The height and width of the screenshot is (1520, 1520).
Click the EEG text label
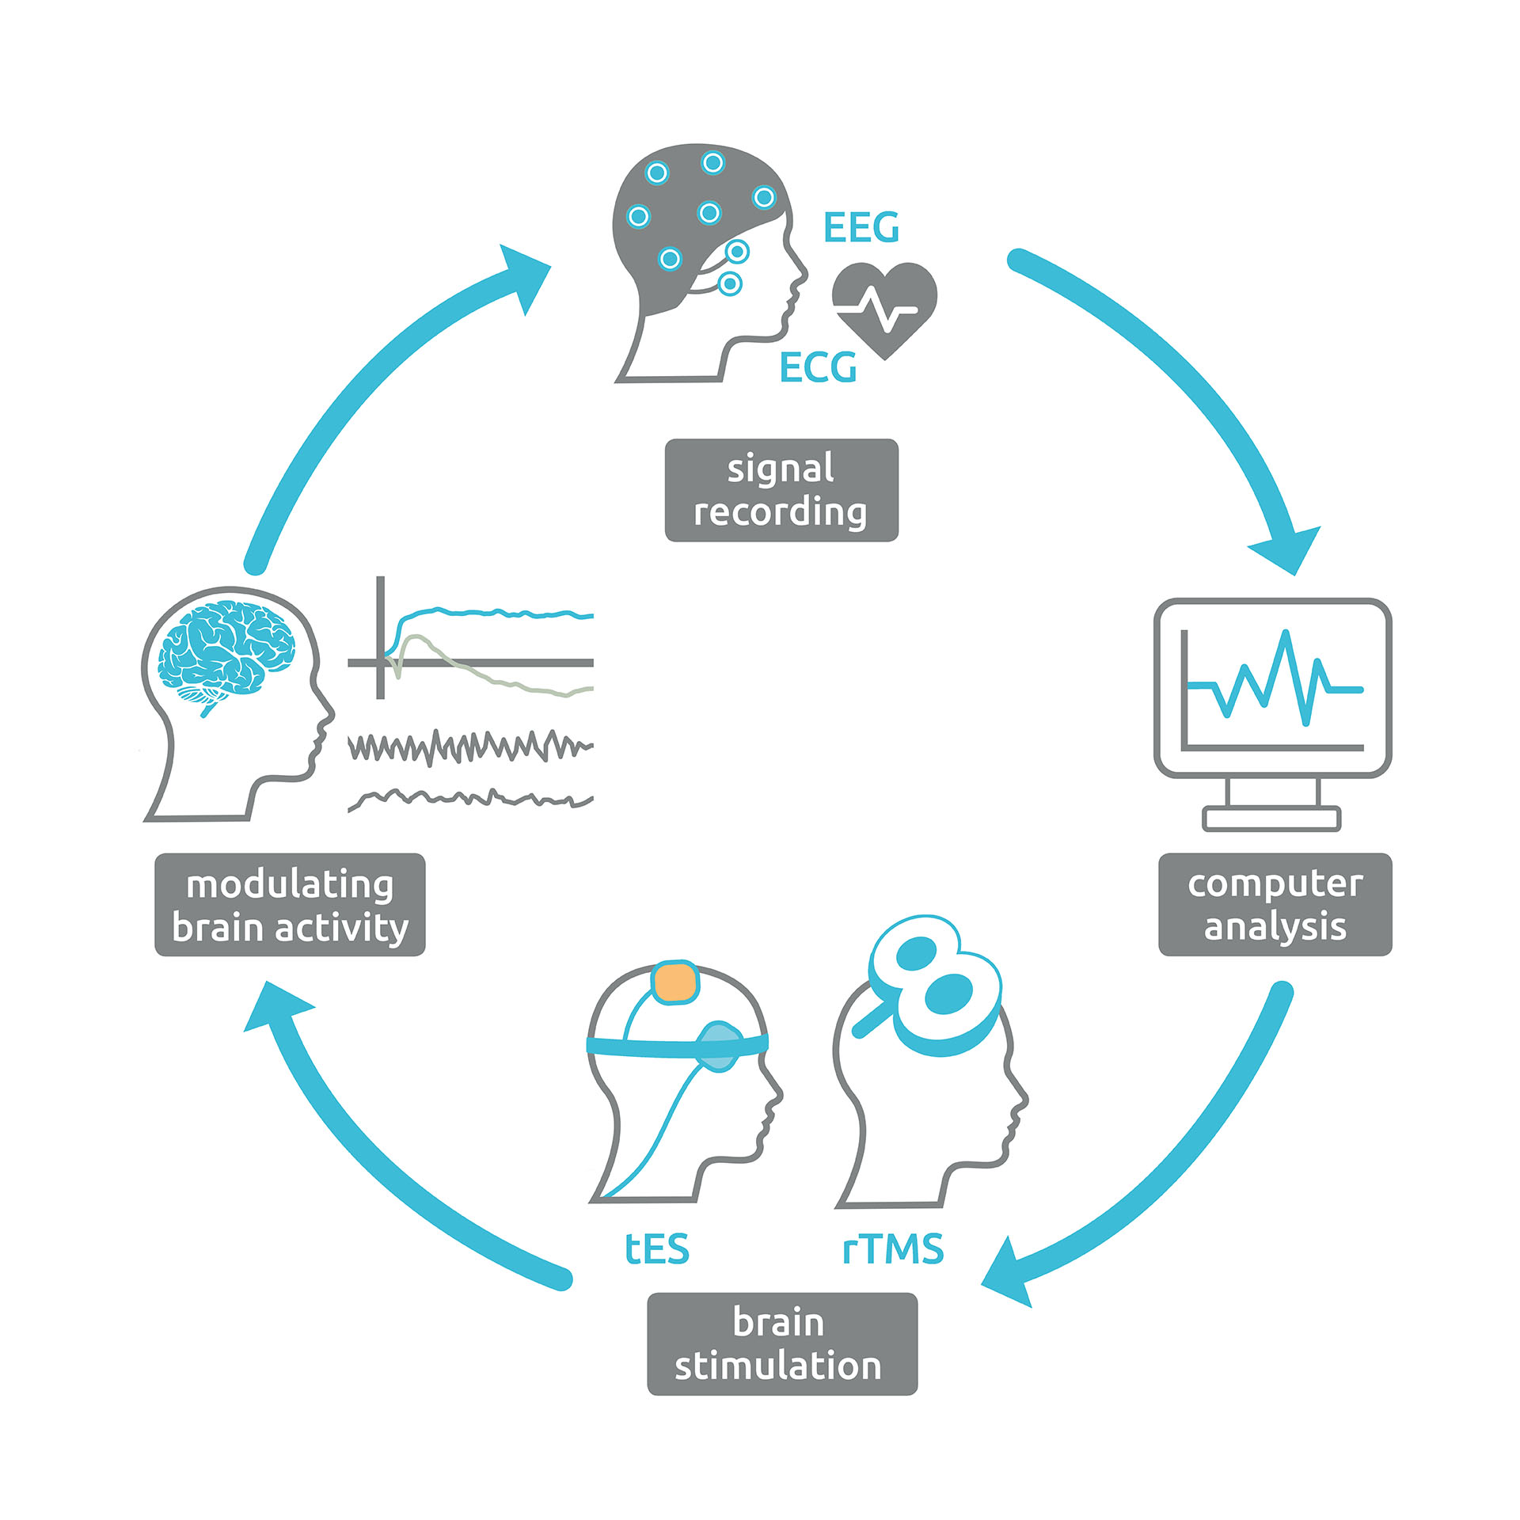861,228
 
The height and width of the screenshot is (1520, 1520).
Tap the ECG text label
818,367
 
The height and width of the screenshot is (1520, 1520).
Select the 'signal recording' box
781,490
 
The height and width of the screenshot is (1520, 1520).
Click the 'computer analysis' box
1275,904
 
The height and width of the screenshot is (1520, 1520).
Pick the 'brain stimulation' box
782,1343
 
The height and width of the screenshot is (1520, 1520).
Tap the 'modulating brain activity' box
290,905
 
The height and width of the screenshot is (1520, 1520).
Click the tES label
656,1248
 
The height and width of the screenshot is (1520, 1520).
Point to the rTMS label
893,1248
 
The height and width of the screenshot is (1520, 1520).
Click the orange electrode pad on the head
675,982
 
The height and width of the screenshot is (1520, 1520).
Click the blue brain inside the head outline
226,649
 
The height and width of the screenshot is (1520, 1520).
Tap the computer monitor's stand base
1271,818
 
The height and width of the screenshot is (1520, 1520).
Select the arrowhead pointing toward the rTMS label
1010,1273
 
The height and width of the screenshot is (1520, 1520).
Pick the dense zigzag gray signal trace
471,747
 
